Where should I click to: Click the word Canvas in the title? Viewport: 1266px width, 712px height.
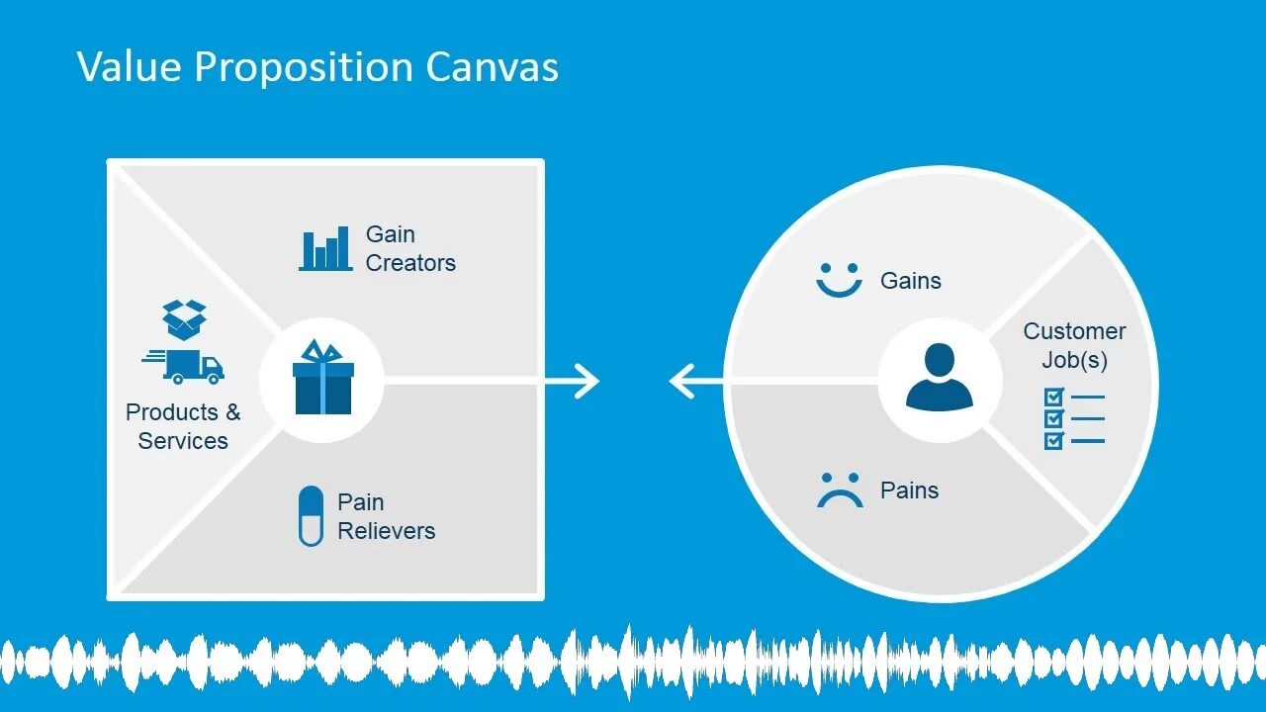pos(492,67)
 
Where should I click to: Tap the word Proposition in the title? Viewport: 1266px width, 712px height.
pos(304,68)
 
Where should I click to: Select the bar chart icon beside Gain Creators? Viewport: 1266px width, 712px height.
pos(325,248)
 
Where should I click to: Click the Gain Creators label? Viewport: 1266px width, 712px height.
pos(410,248)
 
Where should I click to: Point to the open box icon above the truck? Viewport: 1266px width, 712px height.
pos(186,319)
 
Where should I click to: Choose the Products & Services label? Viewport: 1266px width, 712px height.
pos(183,426)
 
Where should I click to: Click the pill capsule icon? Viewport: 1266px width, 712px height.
pos(311,515)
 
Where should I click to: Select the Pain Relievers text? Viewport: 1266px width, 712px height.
pos(386,516)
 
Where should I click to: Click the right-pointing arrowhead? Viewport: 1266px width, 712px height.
pos(587,381)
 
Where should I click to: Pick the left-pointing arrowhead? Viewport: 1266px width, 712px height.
pos(681,381)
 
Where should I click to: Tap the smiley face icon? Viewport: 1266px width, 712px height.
pos(839,280)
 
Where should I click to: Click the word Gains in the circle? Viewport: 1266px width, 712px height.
pos(910,281)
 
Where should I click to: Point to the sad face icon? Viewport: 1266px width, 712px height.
pos(840,489)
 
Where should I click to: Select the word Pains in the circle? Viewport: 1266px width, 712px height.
pos(909,490)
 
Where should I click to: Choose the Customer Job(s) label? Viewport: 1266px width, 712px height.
pos(1074,345)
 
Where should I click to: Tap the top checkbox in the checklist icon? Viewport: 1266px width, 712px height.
pos(1054,397)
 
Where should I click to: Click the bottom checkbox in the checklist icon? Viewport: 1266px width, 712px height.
pos(1054,440)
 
